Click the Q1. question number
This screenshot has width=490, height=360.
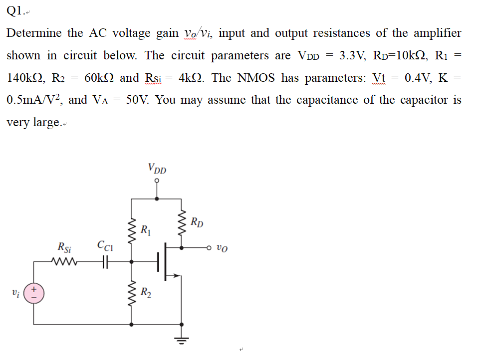pos(15,10)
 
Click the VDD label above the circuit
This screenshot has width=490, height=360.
pos(157,169)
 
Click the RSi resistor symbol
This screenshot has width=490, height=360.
pos(65,261)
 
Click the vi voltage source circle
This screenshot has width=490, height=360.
pos(34,293)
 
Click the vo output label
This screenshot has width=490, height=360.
pos(223,247)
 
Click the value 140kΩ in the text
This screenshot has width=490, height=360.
pos(26,78)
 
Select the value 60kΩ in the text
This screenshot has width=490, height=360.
pos(100,78)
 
